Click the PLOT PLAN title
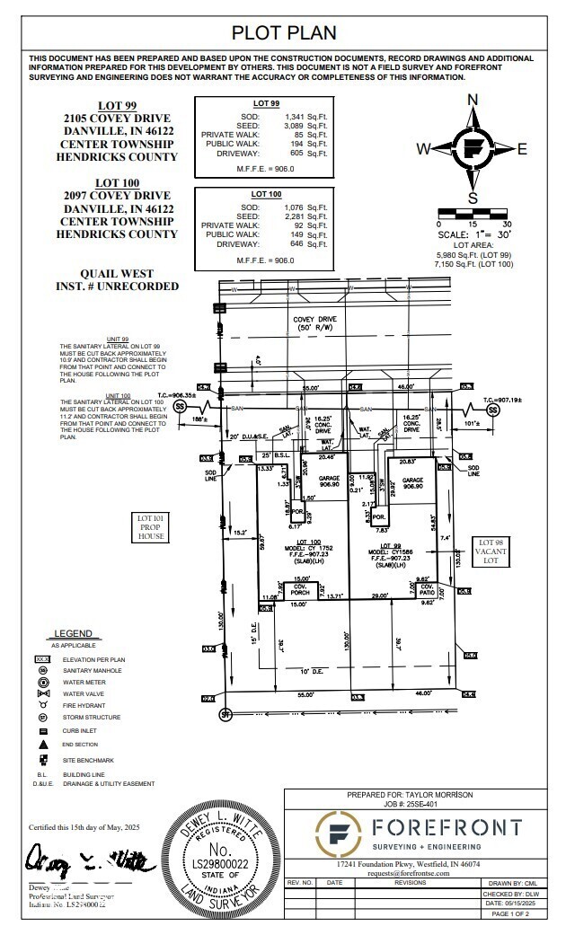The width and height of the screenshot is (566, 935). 284,33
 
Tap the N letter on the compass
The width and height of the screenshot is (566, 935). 473,100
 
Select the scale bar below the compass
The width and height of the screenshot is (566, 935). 473,213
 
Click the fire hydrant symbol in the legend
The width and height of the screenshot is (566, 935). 42,705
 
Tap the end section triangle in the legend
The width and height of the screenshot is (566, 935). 42,744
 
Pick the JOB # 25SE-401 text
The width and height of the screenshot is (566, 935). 409,804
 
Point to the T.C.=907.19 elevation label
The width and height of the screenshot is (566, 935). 502,400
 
